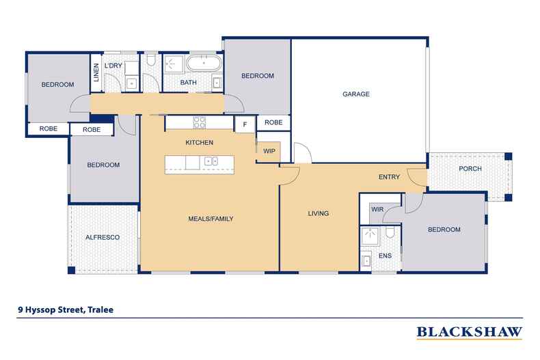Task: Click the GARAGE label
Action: point(355,94)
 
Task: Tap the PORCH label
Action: point(470,169)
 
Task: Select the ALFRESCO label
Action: point(103,237)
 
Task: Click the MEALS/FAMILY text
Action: point(211,219)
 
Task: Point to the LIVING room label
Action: point(318,214)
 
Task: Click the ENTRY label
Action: point(389,178)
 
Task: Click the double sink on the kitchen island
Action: point(211,162)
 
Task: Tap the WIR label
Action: point(377,210)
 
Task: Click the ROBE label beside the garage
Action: point(273,123)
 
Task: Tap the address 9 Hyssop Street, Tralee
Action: point(66,309)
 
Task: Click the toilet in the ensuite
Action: point(389,236)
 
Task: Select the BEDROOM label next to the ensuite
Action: point(444,230)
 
